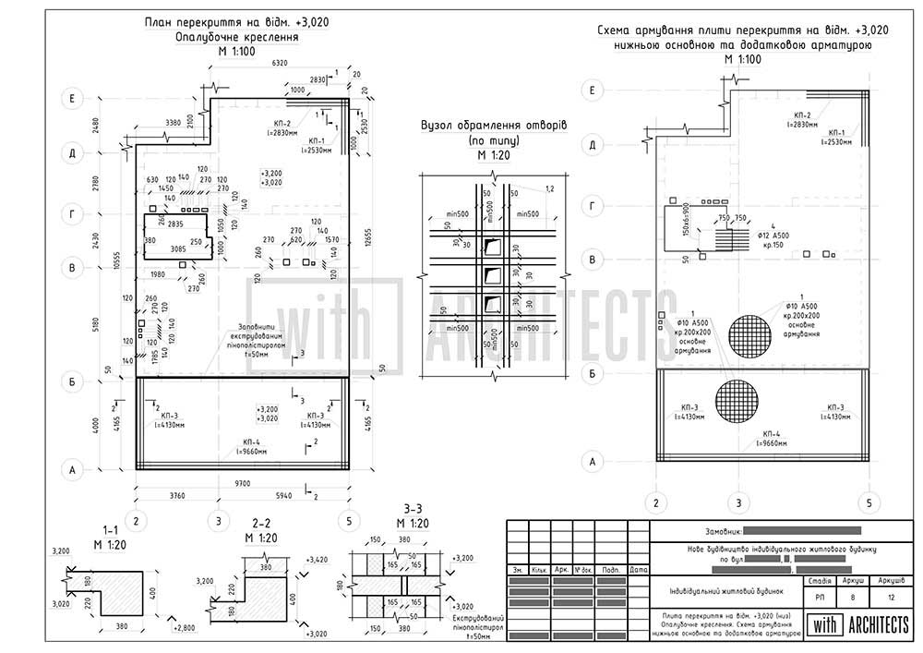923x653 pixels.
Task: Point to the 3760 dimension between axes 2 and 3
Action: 176,496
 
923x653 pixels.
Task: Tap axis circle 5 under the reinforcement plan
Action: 868,503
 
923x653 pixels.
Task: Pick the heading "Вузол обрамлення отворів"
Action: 493,126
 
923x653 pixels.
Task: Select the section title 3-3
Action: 413,510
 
